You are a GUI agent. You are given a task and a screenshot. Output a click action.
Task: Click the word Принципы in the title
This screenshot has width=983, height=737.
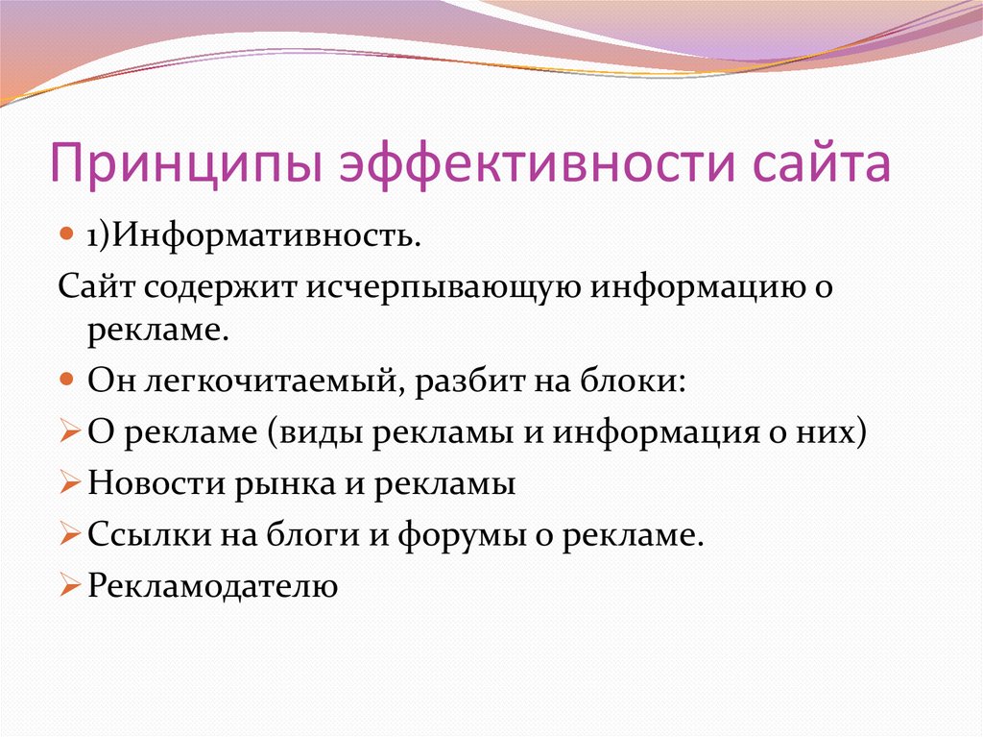(186, 163)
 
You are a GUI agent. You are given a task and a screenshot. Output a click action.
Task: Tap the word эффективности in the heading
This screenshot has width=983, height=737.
(537, 163)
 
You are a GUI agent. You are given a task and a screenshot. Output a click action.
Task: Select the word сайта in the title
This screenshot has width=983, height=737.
(822, 164)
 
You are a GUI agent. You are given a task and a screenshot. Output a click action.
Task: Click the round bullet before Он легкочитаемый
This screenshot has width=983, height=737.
(67, 380)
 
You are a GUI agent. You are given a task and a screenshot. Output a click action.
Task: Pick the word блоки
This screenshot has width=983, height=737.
(633, 381)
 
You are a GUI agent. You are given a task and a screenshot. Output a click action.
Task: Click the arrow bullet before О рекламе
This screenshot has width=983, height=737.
(70, 431)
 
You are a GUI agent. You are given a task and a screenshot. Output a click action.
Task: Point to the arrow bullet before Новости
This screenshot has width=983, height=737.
(70, 482)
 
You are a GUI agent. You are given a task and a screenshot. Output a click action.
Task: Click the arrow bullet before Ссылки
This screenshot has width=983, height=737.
(70, 533)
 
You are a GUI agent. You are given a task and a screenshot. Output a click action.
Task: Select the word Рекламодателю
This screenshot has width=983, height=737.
(212, 586)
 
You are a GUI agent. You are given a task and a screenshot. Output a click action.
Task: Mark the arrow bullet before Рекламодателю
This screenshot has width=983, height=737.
(70, 585)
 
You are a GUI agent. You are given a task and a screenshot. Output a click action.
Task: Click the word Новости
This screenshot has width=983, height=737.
(156, 483)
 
